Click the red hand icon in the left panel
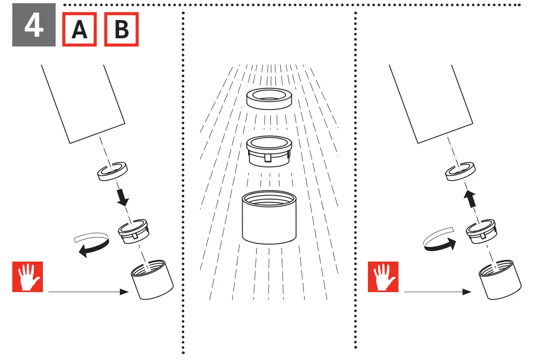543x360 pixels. tap(27, 277)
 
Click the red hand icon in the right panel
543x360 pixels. tap(383, 277)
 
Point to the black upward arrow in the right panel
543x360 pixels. tap(470, 200)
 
